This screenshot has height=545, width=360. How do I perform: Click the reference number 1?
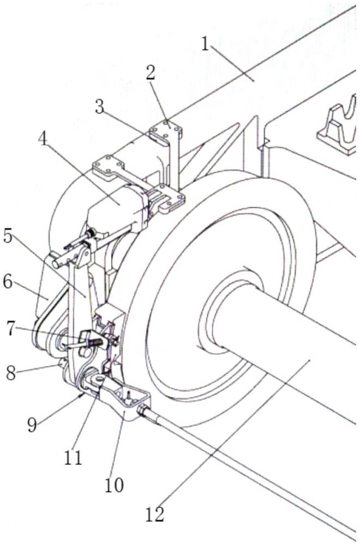coord(205,44)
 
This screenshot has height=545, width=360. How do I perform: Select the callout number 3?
coord(100,107)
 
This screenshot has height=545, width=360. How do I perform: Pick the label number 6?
coord(8,282)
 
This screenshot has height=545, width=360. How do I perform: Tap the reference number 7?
coord(11,329)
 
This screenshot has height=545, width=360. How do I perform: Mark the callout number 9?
coord(32,424)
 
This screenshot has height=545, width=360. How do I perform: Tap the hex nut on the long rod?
coord(143,410)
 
